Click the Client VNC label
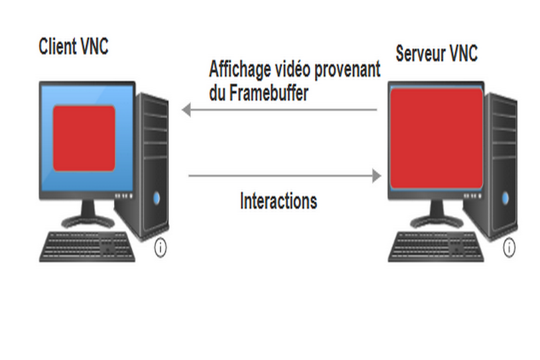click(x=73, y=46)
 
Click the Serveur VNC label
click(x=436, y=54)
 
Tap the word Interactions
click(x=278, y=201)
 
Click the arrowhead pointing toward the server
click(x=377, y=176)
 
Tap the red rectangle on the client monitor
click(x=84, y=138)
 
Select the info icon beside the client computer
click(x=160, y=248)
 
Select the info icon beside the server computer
click(x=509, y=248)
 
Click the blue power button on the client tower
click(x=156, y=197)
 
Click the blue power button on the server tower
click(x=505, y=197)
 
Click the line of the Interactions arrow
click(x=279, y=176)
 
